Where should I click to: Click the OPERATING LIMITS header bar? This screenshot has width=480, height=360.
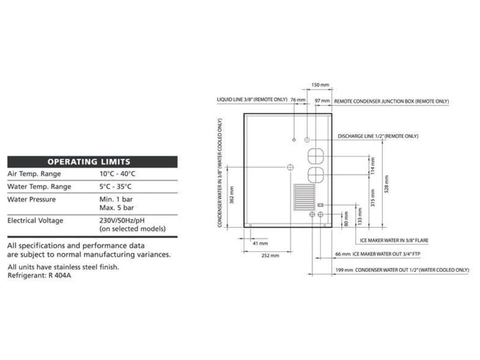click(x=92, y=162)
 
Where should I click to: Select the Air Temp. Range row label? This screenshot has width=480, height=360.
click(x=34, y=174)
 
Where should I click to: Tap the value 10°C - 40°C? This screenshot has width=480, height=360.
click(x=117, y=174)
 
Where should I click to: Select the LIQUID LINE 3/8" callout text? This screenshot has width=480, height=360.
click(x=252, y=100)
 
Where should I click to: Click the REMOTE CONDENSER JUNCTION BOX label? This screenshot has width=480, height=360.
click(x=391, y=101)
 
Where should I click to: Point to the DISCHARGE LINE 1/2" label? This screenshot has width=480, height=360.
click(x=378, y=136)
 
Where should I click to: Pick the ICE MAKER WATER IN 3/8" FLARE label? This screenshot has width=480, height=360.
click(x=394, y=240)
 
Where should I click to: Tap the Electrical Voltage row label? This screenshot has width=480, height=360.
click(x=35, y=220)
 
